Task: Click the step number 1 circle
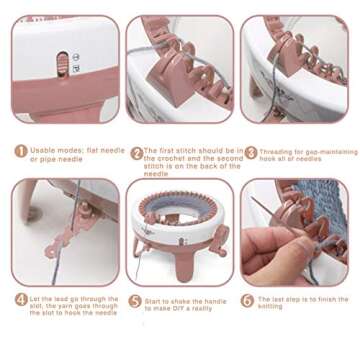(20, 152)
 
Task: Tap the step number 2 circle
(136, 152)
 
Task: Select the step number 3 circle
(251, 152)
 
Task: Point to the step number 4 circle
(20, 299)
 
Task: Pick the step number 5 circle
(136, 299)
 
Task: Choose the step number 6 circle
(248, 299)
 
